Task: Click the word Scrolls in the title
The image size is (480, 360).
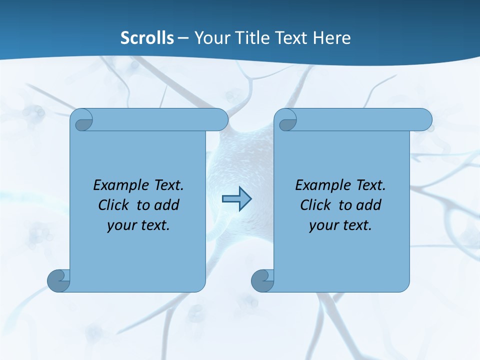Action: pyautogui.click(x=147, y=38)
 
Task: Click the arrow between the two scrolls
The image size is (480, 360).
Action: pyautogui.click(x=236, y=199)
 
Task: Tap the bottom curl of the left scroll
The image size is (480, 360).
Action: pyautogui.click(x=58, y=280)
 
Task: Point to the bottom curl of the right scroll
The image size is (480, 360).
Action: pyautogui.click(x=262, y=280)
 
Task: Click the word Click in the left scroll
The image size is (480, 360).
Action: pyautogui.click(x=113, y=205)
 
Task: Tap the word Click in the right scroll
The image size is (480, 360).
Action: pyautogui.click(x=315, y=205)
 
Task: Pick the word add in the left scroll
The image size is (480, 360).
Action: pyautogui.click(x=166, y=205)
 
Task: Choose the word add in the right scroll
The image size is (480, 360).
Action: pyautogui.click(x=368, y=205)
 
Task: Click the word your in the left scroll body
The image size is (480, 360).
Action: pyautogui.click(x=120, y=226)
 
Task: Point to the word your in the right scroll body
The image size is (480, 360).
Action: pyautogui.click(x=322, y=226)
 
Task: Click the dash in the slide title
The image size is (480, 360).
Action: pyautogui.click(x=183, y=38)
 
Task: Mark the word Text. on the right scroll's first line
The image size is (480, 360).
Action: pyautogui.click(x=370, y=185)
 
